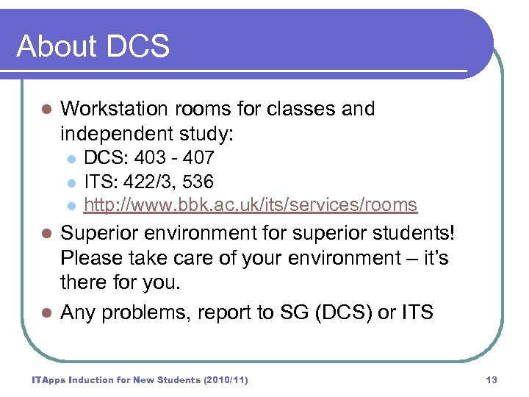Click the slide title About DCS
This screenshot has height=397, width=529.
93,46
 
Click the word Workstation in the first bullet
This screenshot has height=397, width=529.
111,109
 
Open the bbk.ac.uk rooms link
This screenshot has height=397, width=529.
251,205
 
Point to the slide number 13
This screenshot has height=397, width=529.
492,379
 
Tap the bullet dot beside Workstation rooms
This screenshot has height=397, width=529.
46,110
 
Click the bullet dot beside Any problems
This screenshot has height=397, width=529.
46,313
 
